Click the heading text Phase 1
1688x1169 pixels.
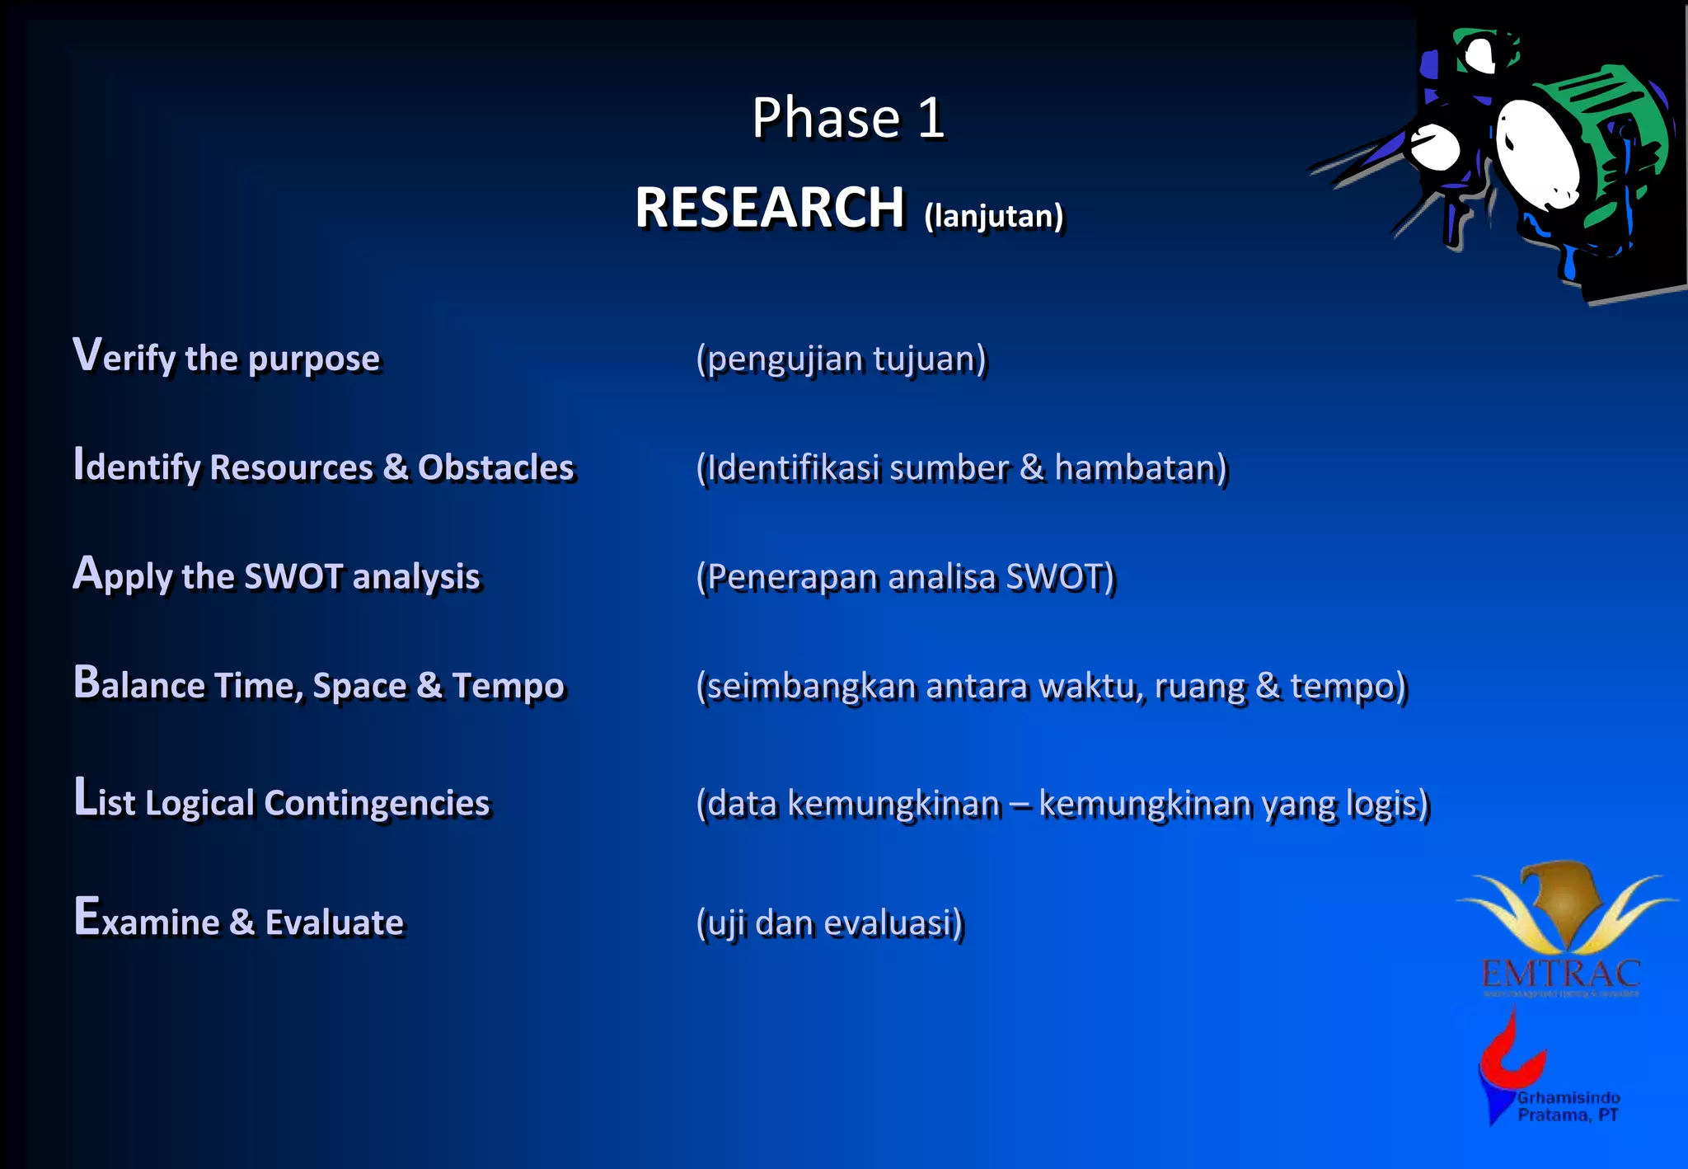point(847,118)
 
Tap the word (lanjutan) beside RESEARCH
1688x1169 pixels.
point(993,216)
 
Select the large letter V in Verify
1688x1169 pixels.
point(87,354)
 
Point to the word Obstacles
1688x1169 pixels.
point(495,467)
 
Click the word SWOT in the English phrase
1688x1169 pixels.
point(293,576)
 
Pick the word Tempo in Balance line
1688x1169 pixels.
point(508,686)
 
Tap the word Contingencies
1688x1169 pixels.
point(377,803)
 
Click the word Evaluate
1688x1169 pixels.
point(334,923)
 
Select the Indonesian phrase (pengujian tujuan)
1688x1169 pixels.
point(841,359)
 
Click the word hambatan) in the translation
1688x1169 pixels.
point(1141,467)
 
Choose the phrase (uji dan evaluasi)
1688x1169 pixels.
point(829,923)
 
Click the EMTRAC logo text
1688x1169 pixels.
point(1560,974)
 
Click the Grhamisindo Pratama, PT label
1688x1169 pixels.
point(1568,1106)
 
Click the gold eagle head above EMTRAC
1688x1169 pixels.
point(1560,894)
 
